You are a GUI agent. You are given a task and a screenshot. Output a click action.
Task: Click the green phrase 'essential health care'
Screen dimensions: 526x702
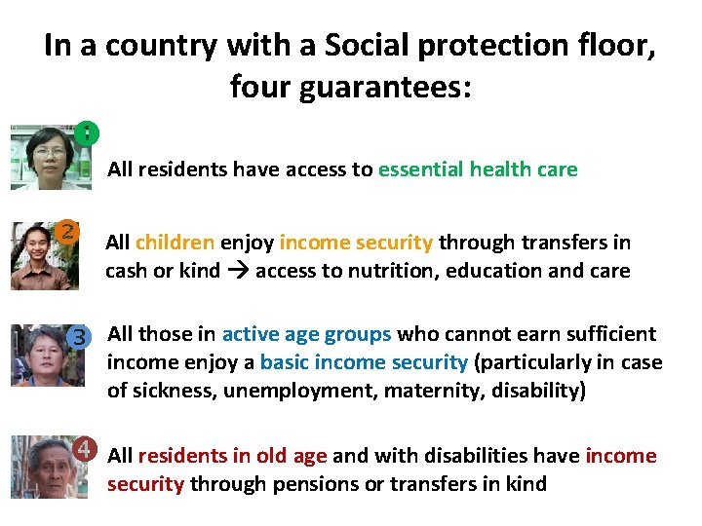478,169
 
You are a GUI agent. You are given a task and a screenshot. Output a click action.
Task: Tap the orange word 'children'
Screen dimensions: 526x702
175,243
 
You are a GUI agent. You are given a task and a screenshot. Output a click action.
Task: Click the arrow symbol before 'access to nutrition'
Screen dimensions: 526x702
238,271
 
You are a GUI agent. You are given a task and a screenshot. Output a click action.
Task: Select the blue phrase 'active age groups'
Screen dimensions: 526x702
306,334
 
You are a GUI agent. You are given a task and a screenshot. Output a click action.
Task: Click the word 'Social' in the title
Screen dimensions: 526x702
375,46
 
